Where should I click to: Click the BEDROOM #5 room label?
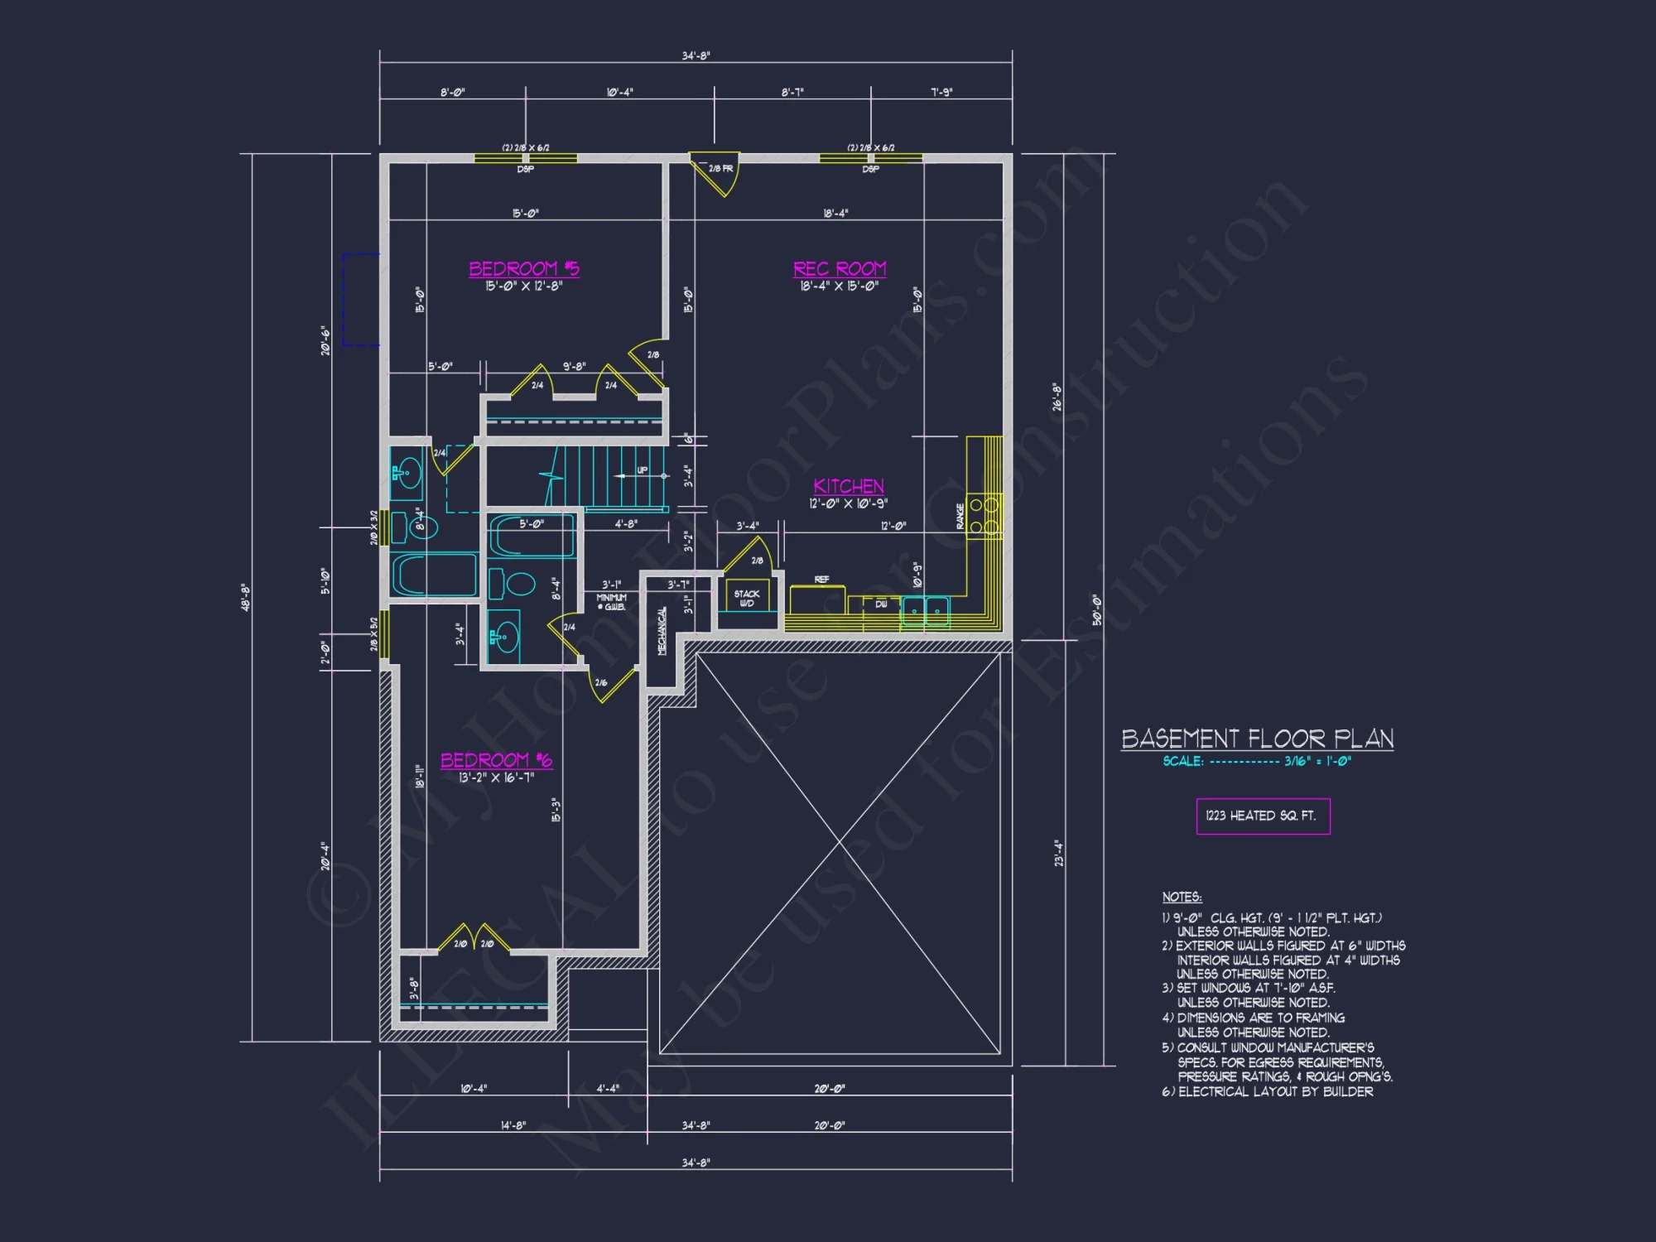point(524,268)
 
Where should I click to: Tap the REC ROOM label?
point(840,268)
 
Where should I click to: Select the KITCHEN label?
point(849,486)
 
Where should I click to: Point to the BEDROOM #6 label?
point(496,759)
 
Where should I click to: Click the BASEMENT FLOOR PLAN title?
point(1257,738)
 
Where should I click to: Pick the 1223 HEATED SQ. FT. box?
point(1263,816)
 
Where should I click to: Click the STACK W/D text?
point(747,598)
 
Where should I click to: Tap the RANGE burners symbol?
point(984,514)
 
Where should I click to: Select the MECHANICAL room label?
point(662,631)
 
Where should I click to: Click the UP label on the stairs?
point(643,470)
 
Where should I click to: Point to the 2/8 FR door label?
point(720,169)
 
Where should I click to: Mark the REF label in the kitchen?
point(821,580)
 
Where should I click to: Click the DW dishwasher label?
point(881,604)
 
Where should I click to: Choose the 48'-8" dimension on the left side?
point(245,597)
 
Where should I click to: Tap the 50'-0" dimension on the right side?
point(1096,610)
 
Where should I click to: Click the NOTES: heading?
point(1182,897)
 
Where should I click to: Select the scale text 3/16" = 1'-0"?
point(1317,761)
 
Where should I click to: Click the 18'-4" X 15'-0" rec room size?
point(839,286)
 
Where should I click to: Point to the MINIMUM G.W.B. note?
point(611,602)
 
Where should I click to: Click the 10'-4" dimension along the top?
point(619,92)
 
